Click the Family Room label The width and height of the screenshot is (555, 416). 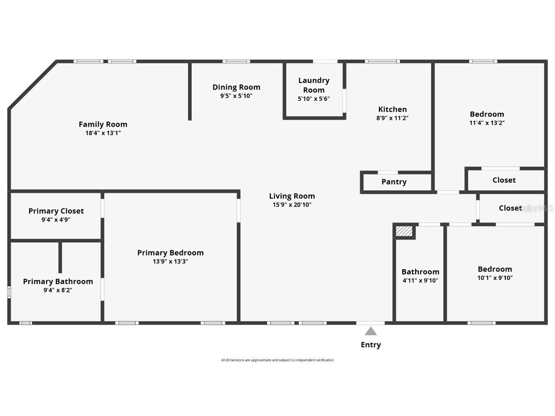coord(103,124)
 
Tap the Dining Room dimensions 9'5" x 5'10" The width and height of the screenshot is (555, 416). coord(236,96)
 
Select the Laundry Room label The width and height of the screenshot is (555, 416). coord(314,85)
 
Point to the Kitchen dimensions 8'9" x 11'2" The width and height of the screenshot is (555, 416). coord(392,118)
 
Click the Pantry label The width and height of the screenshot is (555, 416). coord(394,182)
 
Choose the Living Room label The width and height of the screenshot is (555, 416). coord(292,196)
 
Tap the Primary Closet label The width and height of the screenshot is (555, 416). coord(56,211)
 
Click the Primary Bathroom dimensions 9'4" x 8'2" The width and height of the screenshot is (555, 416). coord(58,290)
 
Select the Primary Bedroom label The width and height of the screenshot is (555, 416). coord(170,253)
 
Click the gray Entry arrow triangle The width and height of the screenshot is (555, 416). coord(371,332)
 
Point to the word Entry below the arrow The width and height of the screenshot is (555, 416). coord(371,345)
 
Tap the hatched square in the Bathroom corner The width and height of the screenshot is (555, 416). coord(404,232)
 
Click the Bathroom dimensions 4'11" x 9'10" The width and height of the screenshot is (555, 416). coord(420,281)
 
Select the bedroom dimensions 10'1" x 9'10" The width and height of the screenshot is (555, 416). coord(495,278)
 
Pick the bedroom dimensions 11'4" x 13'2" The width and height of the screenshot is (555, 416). coord(486,123)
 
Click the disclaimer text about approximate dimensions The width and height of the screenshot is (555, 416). coord(277,360)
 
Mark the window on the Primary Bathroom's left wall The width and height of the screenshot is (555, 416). coord(9,292)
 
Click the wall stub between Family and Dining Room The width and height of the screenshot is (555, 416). coord(190,91)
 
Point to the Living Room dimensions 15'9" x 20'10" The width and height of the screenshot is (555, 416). coord(292,205)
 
